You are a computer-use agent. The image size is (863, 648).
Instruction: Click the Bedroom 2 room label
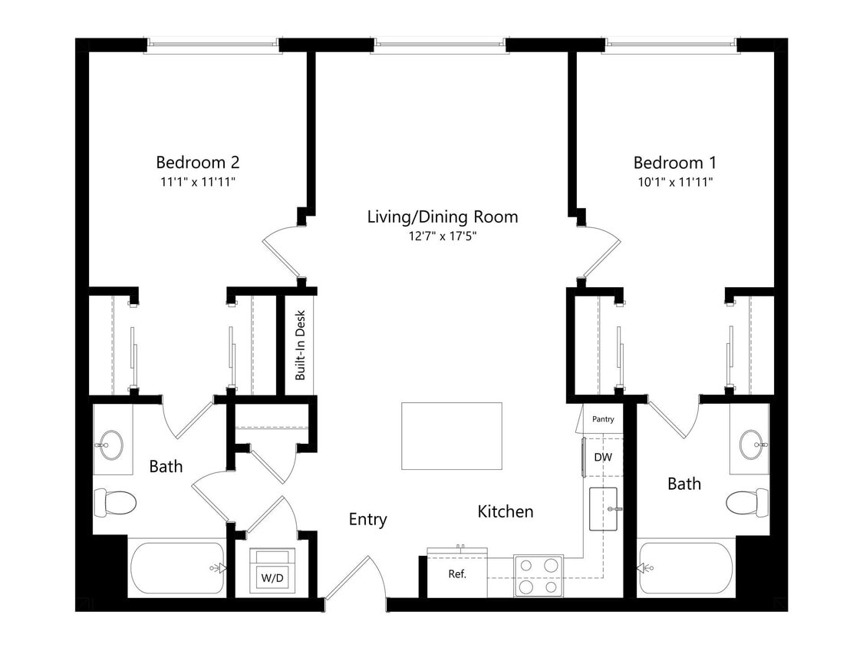(197, 162)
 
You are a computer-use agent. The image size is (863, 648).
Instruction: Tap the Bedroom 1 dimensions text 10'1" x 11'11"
(674, 182)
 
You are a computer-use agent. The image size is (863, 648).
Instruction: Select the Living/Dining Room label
(442, 217)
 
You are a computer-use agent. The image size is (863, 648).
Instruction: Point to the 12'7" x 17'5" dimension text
(442, 236)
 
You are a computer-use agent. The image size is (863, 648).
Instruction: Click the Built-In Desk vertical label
(301, 345)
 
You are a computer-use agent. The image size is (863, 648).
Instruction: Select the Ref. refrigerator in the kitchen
(456, 574)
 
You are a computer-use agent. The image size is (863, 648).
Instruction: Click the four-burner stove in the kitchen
(538, 576)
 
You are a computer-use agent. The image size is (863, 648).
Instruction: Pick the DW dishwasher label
(603, 458)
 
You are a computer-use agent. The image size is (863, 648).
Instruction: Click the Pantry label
(603, 419)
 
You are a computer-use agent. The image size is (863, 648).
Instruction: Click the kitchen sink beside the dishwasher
(605, 508)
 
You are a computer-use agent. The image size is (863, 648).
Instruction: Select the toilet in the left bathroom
(114, 503)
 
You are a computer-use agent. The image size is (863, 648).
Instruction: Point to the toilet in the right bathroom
(747, 502)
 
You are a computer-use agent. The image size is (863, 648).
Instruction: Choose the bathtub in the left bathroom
(178, 568)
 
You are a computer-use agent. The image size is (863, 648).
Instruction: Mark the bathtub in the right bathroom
(686, 568)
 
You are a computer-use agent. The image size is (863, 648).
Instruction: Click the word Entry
(367, 519)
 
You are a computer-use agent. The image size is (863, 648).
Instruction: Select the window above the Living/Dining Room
(440, 45)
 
